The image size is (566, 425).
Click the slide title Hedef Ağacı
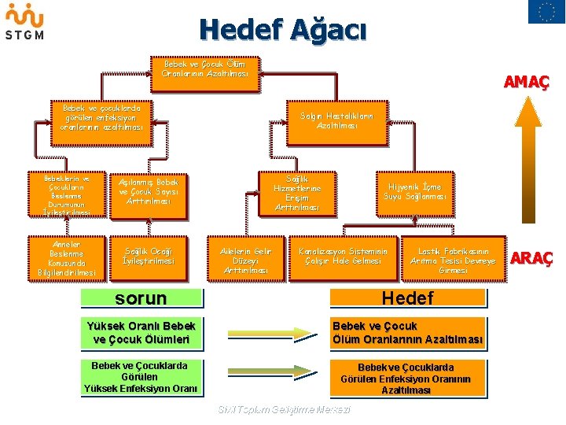pos(283,30)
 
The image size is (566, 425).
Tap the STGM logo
pos(24,21)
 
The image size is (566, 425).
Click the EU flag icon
pos(546,12)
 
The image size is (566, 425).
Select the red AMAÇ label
pos(526,82)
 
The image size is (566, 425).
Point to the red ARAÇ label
pos(532,258)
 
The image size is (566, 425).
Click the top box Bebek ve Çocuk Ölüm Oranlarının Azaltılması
pos(204,68)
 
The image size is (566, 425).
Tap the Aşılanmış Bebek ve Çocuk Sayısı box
pos(149,191)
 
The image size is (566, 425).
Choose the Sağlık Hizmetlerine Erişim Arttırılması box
pos(297,194)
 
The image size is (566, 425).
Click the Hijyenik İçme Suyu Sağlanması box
pos(414,191)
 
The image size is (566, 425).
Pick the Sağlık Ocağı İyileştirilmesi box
pos(149,256)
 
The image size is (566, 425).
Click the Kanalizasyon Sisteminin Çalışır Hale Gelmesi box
pos(344,257)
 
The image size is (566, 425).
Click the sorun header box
pos(141,298)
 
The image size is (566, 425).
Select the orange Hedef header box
pos(407,297)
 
